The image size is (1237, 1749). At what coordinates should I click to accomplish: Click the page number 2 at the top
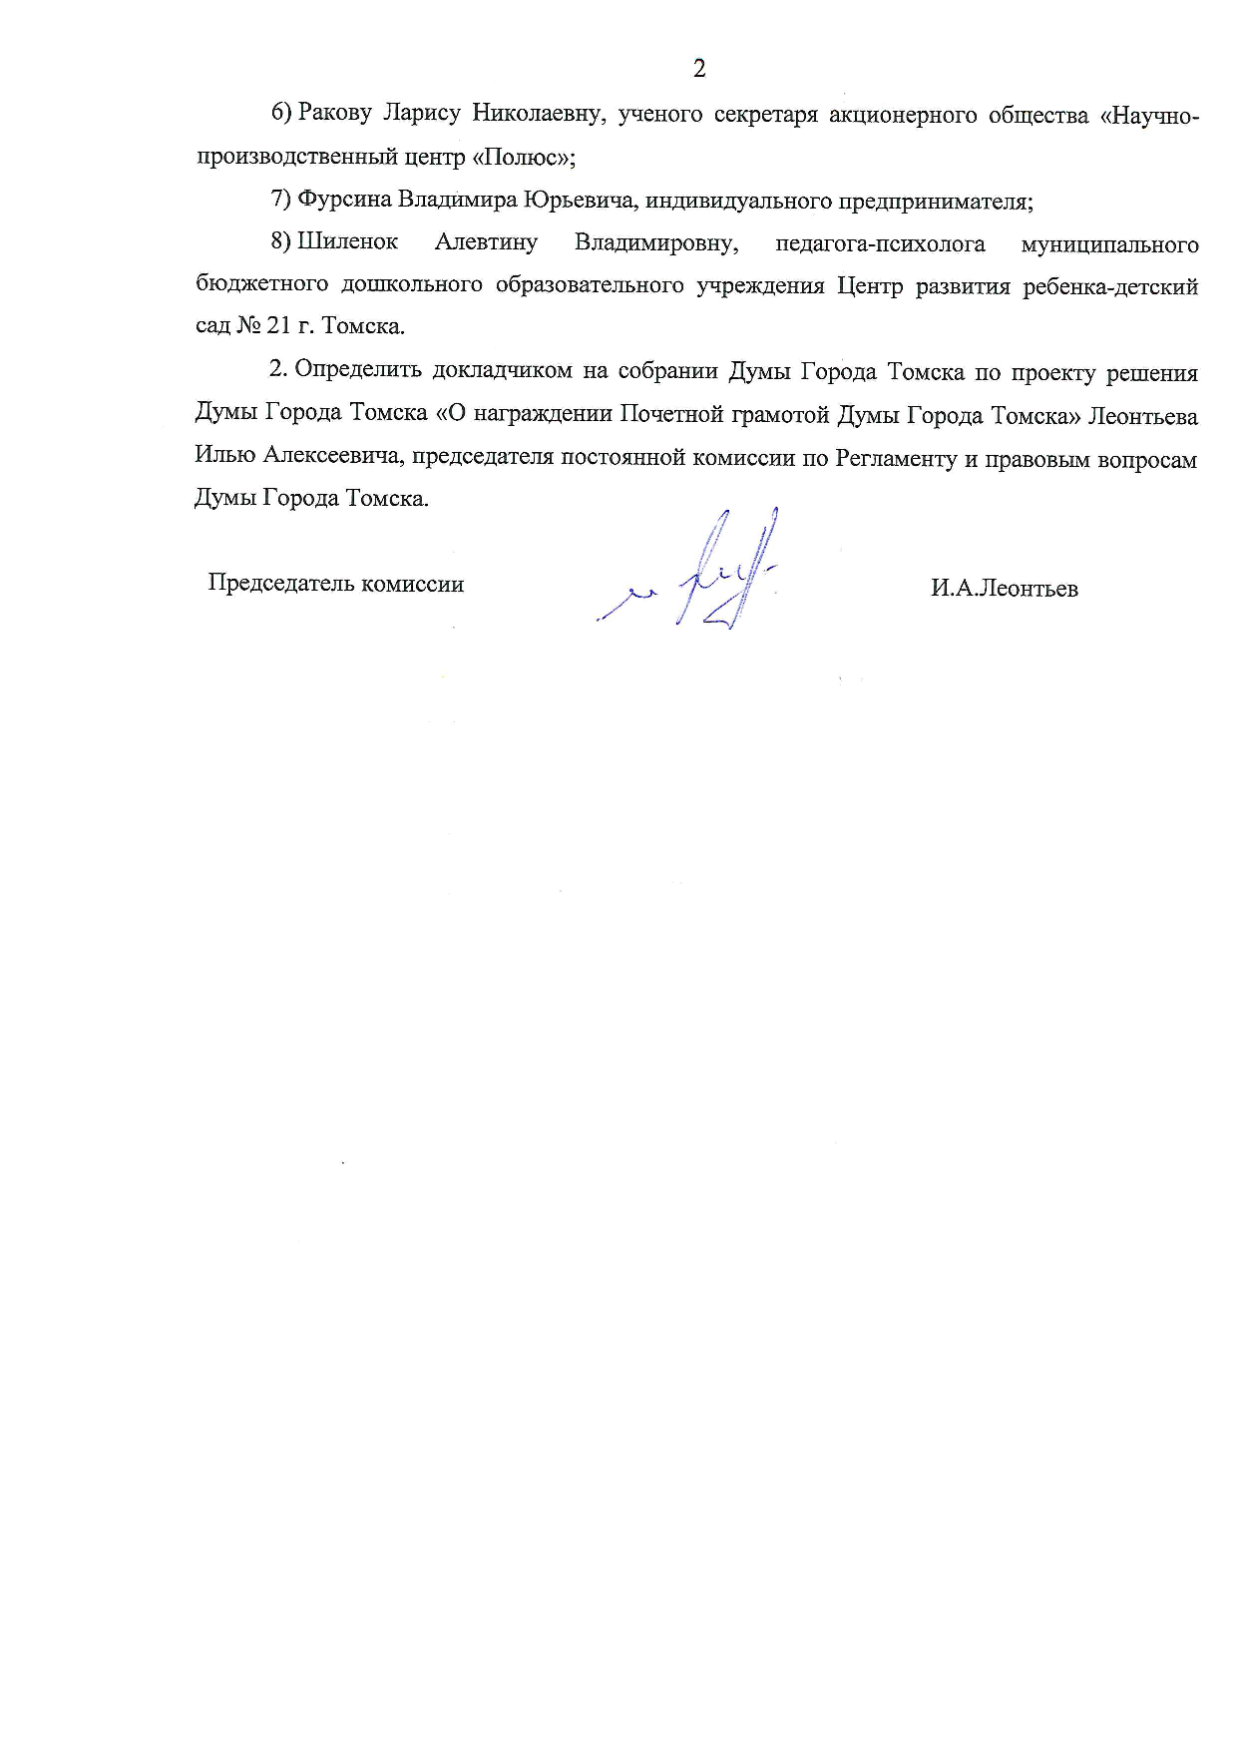tap(698, 69)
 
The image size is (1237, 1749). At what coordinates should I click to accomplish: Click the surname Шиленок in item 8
tap(347, 242)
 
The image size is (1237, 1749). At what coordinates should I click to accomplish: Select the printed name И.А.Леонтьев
tap(1005, 589)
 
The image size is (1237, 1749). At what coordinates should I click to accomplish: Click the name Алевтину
tap(486, 242)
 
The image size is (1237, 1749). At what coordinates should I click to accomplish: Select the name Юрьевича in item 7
tap(579, 201)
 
